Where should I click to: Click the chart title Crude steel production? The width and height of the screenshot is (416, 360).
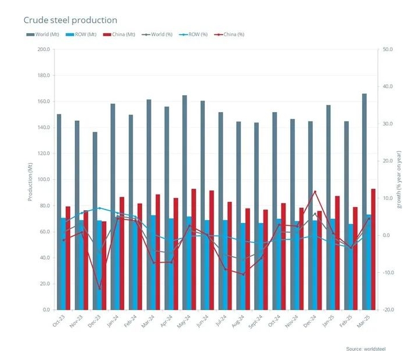pos(70,21)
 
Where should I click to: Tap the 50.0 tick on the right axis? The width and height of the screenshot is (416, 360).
pos(388,49)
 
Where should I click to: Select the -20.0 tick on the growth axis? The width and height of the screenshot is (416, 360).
pos(388,310)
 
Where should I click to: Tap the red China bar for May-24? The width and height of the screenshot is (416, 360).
pos(193,249)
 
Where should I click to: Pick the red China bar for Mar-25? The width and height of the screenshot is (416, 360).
pos(373,249)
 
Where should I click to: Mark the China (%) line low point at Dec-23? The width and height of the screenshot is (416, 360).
pos(100,289)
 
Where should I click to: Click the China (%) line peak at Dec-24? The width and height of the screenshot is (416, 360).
pos(315,192)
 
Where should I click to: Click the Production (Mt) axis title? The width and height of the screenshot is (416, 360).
pos(30,179)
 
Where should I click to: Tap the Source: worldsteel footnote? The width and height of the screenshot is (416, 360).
pos(366,349)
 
